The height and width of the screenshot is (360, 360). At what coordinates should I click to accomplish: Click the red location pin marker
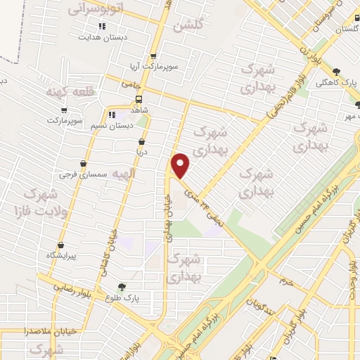pyautogui.click(x=181, y=166)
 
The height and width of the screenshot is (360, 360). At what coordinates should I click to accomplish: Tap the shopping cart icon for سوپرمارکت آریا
pyautogui.click(x=154, y=57)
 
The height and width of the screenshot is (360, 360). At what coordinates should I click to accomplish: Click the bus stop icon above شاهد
pyautogui.click(x=139, y=99)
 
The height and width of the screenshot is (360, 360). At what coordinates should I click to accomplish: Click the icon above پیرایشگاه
pyautogui.click(x=60, y=245)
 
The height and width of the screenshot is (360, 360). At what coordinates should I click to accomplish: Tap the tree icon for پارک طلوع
pyautogui.click(x=122, y=287)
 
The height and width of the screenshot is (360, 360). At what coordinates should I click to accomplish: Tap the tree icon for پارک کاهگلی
pyautogui.click(x=337, y=71)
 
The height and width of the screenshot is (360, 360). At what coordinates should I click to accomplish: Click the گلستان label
pyautogui.click(x=347, y=29)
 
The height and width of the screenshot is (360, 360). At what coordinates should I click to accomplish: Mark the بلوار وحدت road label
pyautogui.click(x=349, y=281)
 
